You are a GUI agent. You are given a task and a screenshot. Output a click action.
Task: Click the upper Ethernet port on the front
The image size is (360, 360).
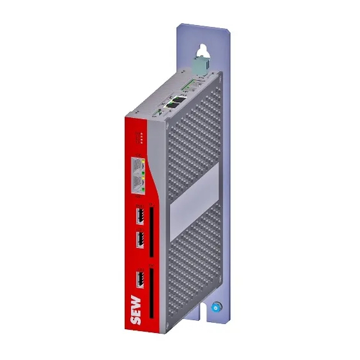(138, 166)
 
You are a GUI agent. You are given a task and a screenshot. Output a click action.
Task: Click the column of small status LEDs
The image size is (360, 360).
(140, 138)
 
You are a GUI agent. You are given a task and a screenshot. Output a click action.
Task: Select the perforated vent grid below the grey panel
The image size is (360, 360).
(190, 264)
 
